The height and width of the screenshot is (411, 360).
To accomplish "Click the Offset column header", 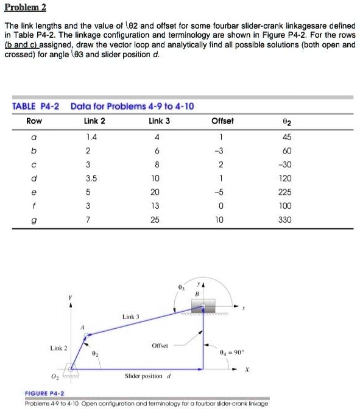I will click(x=222, y=121).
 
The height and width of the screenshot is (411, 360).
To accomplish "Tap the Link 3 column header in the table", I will click(x=159, y=121).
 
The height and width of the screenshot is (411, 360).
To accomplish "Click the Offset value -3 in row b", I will click(x=222, y=150).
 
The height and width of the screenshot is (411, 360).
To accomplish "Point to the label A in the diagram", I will click(x=82, y=327).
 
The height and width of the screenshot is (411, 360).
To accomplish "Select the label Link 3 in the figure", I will click(x=131, y=317).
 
